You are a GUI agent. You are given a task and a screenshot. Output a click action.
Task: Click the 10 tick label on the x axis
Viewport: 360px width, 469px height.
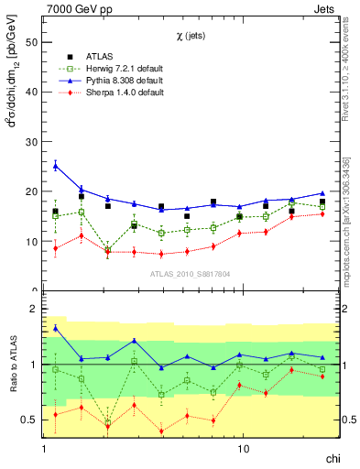[x=243, y=450]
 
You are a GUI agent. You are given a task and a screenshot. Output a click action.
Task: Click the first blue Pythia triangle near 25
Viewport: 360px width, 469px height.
[x=55, y=166]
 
